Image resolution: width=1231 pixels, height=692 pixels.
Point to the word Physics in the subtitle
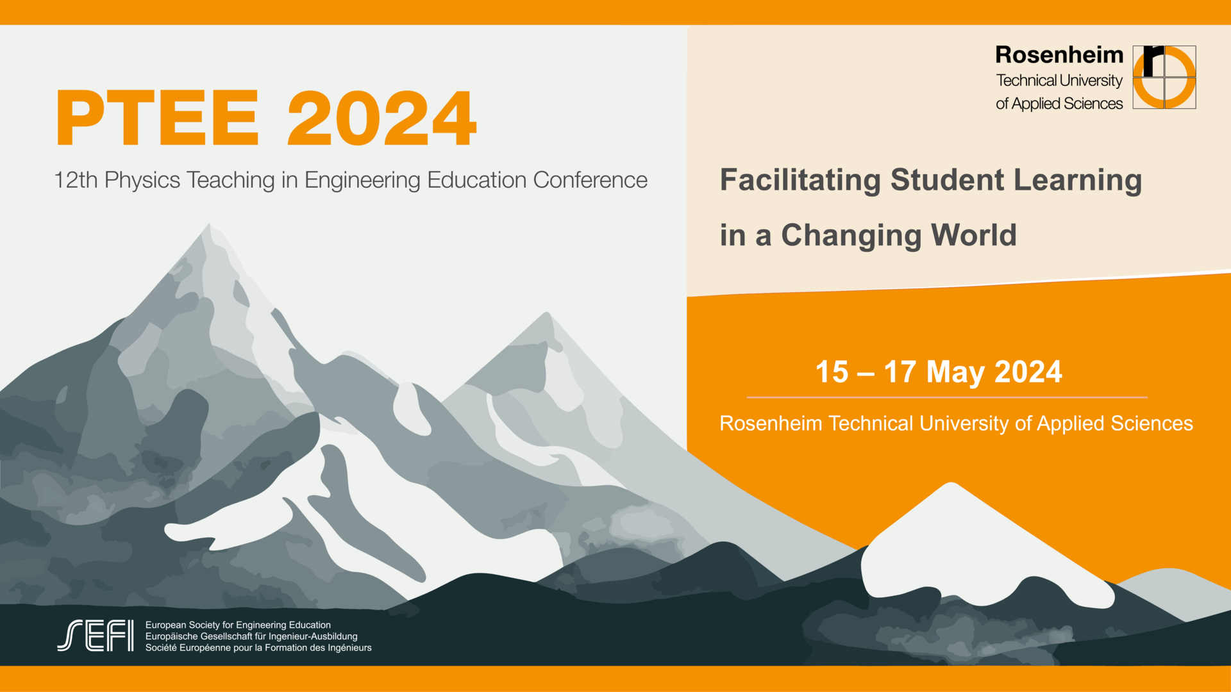[x=142, y=181]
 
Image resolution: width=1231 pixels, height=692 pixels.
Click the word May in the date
[x=955, y=373]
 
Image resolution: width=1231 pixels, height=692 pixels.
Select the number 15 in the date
[x=832, y=372]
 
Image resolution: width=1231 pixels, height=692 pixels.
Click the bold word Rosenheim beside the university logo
[x=1059, y=55]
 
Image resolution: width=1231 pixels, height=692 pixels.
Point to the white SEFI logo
[x=96, y=636]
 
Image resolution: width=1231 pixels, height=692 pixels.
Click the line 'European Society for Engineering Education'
[x=238, y=625]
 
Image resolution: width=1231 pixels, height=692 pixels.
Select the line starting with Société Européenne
[x=258, y=648]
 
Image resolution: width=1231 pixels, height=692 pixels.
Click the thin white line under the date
[x=947, y=398]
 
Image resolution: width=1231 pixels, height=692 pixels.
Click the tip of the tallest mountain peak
[x=209, y=224]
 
